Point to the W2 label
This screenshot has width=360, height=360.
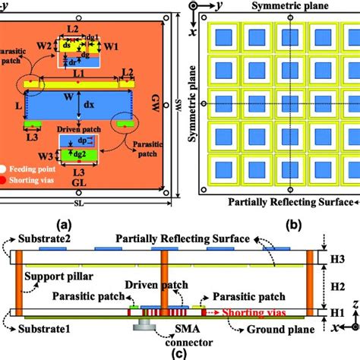point(45,46)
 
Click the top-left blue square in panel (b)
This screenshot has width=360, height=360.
point(222,36)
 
